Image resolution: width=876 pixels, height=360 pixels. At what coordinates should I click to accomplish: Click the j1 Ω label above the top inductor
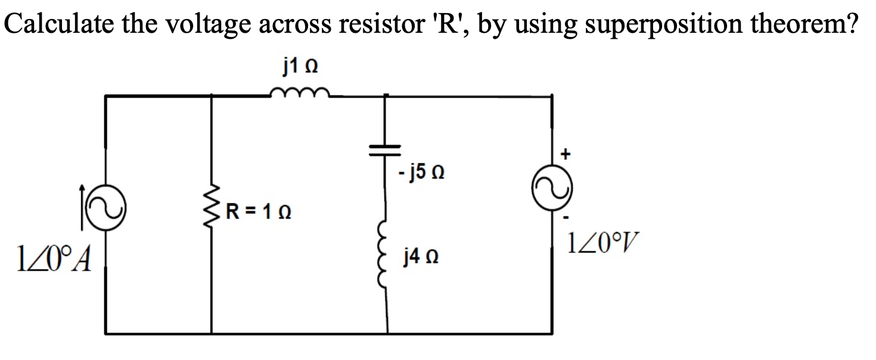pos(299,67)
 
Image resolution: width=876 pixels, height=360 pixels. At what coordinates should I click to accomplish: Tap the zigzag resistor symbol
pos(213,211)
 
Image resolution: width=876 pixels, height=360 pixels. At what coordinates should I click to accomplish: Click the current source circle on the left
pos(106,205)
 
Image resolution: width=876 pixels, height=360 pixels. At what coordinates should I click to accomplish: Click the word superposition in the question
pos(614,24)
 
